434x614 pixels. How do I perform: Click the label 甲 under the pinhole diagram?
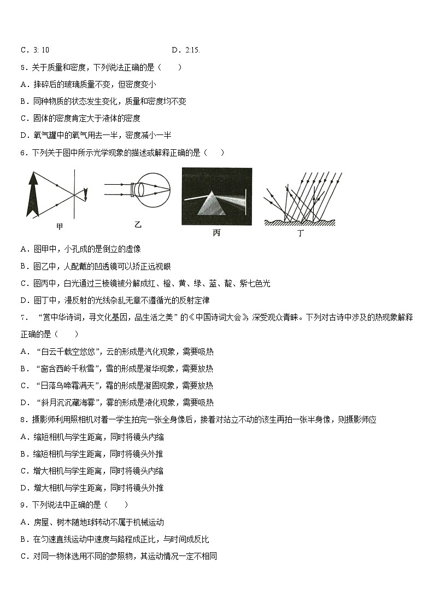coord(60,226)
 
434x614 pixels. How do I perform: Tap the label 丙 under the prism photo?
coord(216,233)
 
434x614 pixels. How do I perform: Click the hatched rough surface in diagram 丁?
coord(300,222)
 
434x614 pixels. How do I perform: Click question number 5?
coord(23,67)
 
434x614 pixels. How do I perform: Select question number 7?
coord(23,317)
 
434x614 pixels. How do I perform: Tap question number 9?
coord(23,505)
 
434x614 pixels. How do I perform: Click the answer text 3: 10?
coord(41,50)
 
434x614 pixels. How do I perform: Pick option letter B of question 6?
coord(24,266)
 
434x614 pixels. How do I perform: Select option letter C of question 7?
coord(24,385)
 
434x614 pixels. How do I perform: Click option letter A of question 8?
coord(24,437)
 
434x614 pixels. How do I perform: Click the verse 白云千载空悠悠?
coord(72,352)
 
